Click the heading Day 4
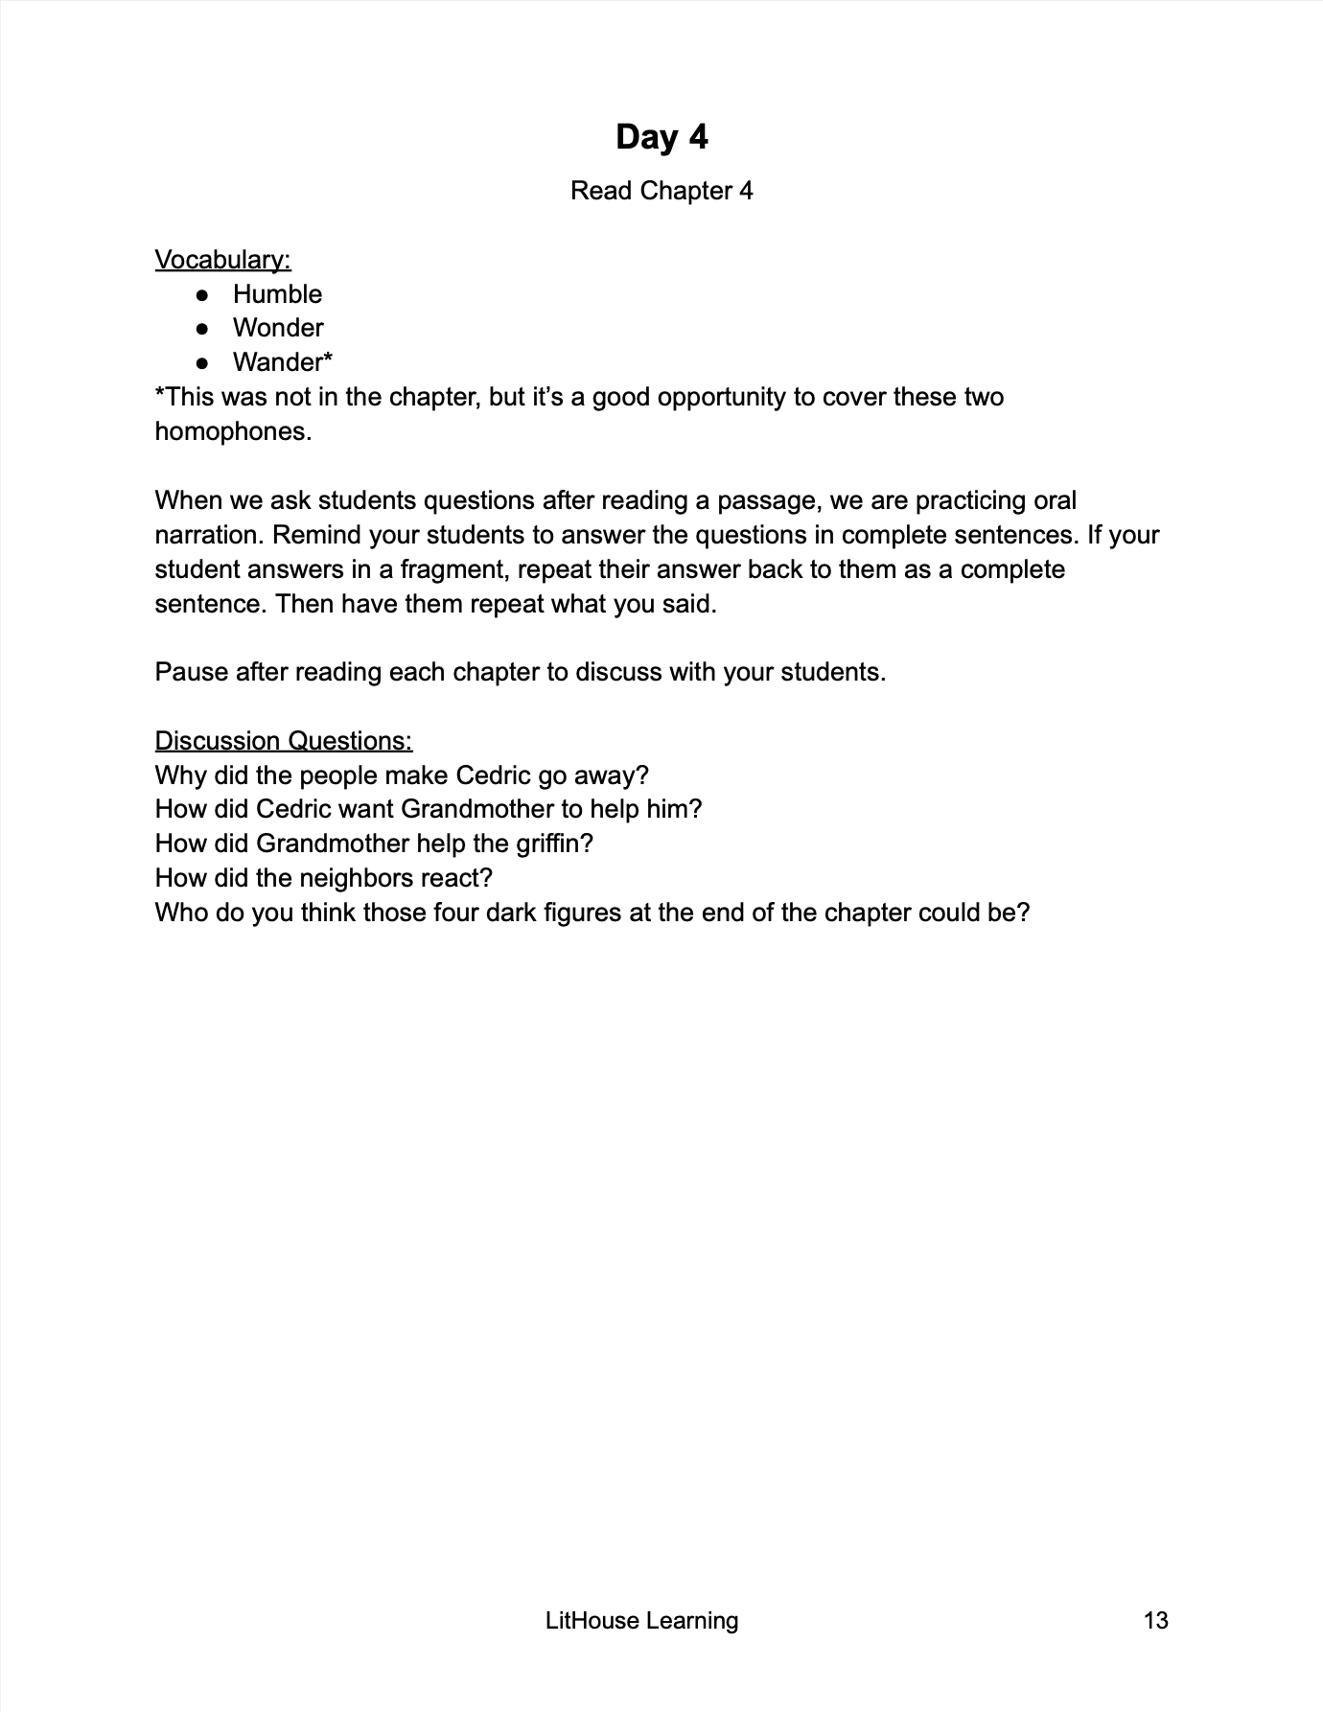pos(661,137)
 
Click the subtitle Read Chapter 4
pos(661,191)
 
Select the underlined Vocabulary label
pos(222,260)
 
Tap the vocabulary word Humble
pos(277,294)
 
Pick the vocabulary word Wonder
pos(278,328)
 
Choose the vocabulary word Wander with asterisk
pos(282,362)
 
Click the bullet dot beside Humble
pos(202,294)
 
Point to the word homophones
pos(233,431)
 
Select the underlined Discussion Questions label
pos(284,741)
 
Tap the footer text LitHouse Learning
pos(641,1621)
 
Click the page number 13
pos(1155,1621)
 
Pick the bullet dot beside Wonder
pos(202,328)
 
